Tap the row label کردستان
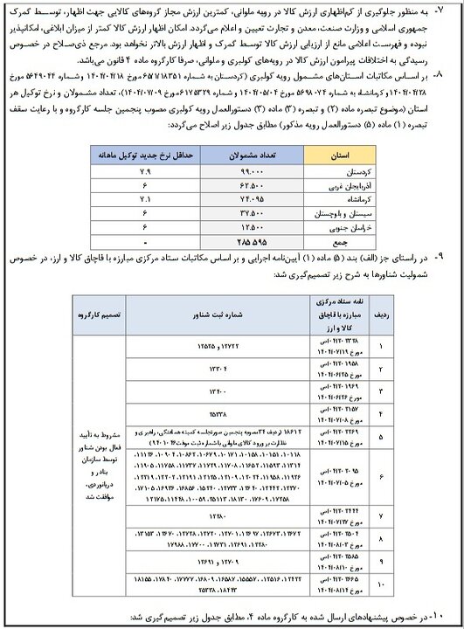[327, 174]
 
